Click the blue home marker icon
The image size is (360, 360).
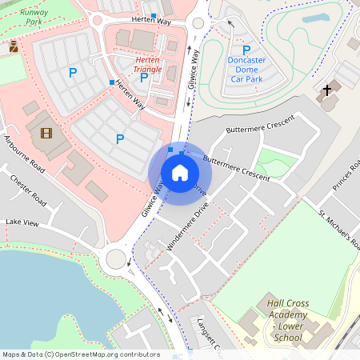180,172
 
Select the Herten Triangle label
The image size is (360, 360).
149,65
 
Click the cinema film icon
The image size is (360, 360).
46,133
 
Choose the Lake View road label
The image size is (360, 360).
22,222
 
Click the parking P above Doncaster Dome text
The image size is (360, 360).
246,50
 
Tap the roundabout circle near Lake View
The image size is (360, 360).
117,258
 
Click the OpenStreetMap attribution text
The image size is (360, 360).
80,354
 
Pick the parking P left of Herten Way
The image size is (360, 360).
73,74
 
